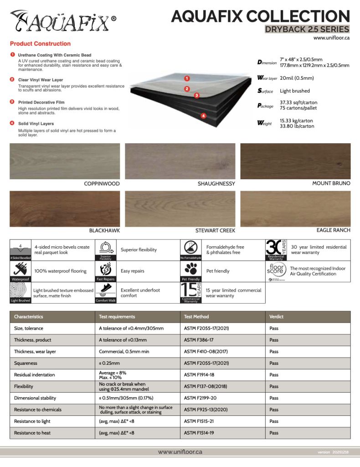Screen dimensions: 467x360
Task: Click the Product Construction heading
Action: point(40,44)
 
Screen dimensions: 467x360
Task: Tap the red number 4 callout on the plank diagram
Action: point(203,116)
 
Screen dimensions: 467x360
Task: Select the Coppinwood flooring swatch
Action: point(65,161)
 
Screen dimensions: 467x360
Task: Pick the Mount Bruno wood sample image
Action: point(295,161)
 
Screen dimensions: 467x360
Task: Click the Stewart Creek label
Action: point(215,231)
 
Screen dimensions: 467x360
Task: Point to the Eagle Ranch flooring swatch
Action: point(295,208)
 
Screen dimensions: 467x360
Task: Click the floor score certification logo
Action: point(276,270)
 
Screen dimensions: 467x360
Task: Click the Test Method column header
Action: point(196,317)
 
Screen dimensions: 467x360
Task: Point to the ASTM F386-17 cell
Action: point(197,340)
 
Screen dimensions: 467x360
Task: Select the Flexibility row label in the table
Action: point(24,386)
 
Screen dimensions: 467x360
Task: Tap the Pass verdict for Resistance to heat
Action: point(274,433)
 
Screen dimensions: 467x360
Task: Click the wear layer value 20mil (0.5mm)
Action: point(297,78)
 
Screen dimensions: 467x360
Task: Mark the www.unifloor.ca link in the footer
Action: point(180,451)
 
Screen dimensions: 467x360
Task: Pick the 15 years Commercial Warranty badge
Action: point(191,292)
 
